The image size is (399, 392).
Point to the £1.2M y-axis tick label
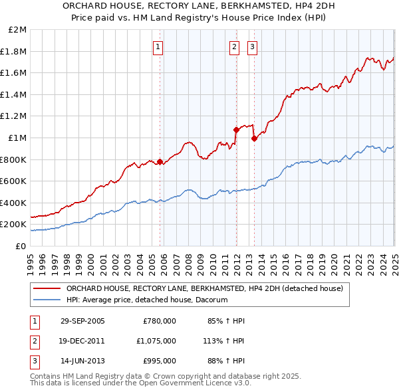pos(15,116)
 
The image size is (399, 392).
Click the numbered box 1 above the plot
pos(158,47)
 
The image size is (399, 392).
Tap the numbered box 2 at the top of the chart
pos(235,47)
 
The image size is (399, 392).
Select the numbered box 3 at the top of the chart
pos(253,47)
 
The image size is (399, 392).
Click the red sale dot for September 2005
pos(160,161)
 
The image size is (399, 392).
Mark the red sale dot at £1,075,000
pos(235,130)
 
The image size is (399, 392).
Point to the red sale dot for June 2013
pos(254,138)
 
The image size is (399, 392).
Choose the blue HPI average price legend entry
pos(147,300)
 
